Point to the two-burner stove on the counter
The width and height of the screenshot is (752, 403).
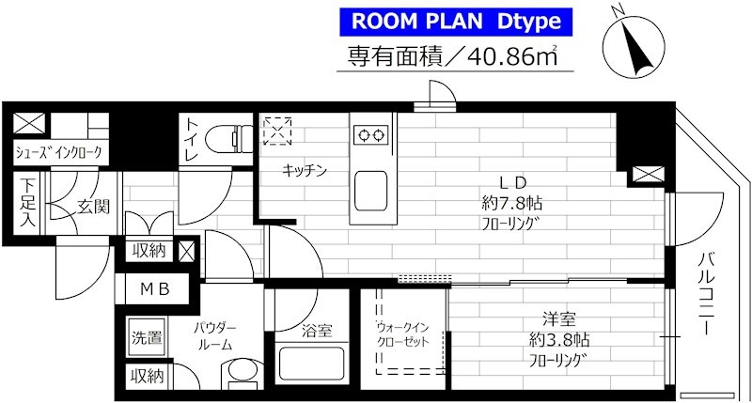tap(370, 134)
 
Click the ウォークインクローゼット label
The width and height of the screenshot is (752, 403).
tap(402, 335)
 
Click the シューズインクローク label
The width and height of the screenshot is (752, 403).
tap(58, 153)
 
